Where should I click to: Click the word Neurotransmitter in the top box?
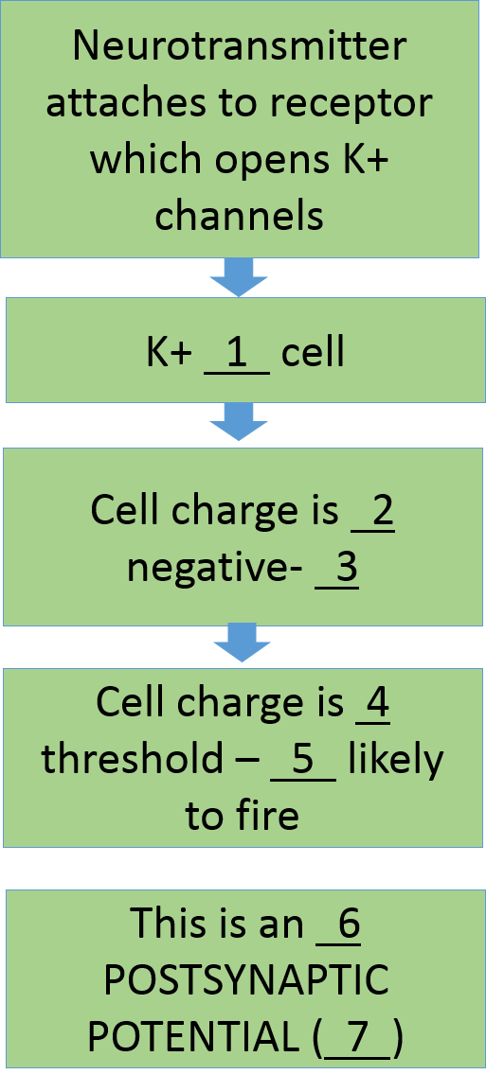tap(239, 46)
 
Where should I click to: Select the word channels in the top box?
tap(239, 215)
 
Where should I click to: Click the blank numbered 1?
tap(237, 355)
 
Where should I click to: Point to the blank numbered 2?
tap(373, 513)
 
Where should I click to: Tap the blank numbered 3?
tap(336, 570)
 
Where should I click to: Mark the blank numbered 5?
tap(303, 761)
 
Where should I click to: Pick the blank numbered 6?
tap(338, 925)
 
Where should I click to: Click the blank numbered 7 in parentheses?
tap(357, 1039)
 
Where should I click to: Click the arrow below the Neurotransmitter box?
tap(239, 277)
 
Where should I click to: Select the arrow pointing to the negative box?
tap(239, 422)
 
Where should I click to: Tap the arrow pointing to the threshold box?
tap(242, 643)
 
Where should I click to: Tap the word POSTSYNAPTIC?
tap(246, 981)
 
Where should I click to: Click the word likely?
tap(396, 761)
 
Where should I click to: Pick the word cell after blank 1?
tap(313, 355)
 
